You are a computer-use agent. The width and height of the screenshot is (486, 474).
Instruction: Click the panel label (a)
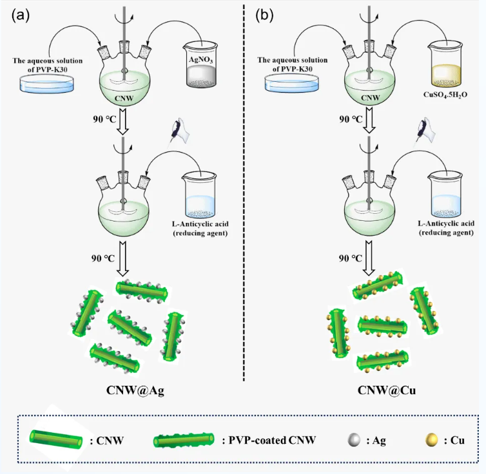pos(21,15)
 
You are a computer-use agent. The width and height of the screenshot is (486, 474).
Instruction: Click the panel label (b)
pos(264,15)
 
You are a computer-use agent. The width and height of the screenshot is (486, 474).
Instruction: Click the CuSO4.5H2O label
pos(445,94)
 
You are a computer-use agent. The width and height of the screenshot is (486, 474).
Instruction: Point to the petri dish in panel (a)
pos(47,84)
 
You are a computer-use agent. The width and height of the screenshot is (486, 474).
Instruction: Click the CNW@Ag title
pos(135,390)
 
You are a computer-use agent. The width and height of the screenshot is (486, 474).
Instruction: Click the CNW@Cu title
pos(387,390)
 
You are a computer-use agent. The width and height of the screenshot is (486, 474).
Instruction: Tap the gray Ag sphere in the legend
pos(354,440)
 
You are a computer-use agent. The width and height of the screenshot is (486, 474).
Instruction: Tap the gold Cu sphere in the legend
pos(431,440)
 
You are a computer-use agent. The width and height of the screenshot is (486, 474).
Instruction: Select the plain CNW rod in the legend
pos(56,440)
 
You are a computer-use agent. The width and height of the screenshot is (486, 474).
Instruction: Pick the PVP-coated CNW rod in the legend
pos(184,440)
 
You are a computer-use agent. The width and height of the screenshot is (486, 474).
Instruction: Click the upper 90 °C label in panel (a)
pos(104,119)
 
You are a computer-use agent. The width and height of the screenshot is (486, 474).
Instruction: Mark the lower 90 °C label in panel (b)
pos(351,258)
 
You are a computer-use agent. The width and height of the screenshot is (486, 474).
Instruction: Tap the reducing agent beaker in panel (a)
pos(200,195)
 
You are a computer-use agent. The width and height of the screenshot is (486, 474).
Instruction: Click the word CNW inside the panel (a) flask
pos(124,99)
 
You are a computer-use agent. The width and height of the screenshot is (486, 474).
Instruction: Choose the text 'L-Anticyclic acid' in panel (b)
pos(446,223)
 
